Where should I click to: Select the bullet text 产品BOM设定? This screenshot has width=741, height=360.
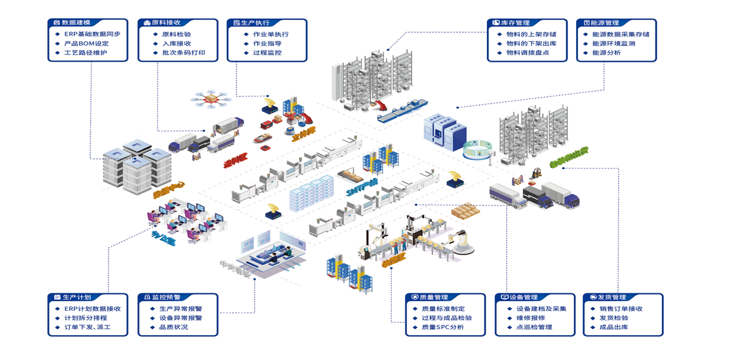[x=86, y=44]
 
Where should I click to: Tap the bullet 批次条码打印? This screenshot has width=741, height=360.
[x=179, y=53]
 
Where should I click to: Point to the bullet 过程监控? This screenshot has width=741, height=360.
[x=267, y=53]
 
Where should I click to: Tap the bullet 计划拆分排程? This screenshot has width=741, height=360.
[x=85, y=318]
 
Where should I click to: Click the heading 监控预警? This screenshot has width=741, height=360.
[x=166, y=298]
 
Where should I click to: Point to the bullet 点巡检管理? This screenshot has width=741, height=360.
[x=534, y=327]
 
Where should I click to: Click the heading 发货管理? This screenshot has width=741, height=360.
[x=612, y=298]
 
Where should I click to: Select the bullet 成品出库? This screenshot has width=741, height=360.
[x=614, y=327]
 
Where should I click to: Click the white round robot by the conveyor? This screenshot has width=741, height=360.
[x=464, y=242]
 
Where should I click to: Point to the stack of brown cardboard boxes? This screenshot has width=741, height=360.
[x=465, y=211]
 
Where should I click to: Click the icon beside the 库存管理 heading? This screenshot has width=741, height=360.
[x=495, y=23]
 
